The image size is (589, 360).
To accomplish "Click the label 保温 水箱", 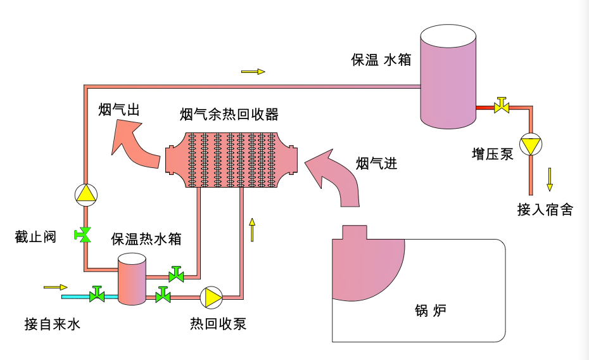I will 381,60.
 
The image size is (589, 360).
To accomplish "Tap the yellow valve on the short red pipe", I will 502,106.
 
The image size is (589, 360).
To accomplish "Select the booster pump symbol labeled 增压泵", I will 530,145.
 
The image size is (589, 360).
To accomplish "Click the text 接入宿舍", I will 545,210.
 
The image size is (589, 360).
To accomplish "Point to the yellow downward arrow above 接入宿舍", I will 550,179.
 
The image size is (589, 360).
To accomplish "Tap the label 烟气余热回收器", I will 229,115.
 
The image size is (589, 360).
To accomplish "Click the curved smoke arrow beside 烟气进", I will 334,178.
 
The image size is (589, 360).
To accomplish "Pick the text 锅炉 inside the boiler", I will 431,311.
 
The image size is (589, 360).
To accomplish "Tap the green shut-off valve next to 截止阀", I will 82,235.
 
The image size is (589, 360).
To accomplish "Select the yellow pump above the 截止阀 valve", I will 85,194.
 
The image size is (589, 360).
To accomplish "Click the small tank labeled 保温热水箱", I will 132,279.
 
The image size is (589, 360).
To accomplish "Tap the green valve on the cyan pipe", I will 97,295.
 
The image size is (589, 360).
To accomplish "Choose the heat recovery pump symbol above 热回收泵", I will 211,296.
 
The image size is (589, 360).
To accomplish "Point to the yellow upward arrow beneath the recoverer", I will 252,229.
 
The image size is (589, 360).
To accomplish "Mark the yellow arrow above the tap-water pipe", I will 55,287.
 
